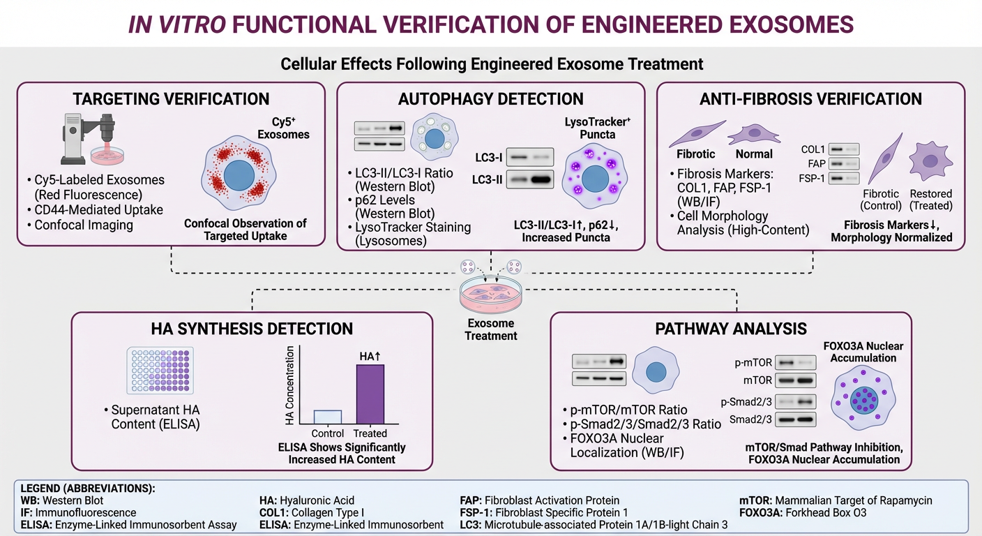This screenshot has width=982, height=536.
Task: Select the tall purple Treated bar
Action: coord(370,394)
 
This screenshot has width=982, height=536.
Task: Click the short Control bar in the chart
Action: coord(327,417)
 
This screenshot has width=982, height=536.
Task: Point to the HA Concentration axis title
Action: coord(290,386)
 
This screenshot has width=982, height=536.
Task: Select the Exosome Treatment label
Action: coord(492,329)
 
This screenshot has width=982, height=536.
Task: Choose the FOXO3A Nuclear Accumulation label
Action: coord(859,352)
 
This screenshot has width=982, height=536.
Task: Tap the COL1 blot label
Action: coord(813,149)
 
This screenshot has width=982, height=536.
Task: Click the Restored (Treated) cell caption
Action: coord(930,200)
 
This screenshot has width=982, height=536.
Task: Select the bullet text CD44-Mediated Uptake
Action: coord(99,209)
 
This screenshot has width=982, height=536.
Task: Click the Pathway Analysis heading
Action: coord(731,329)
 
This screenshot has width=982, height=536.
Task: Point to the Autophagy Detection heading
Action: coord(491,99)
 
